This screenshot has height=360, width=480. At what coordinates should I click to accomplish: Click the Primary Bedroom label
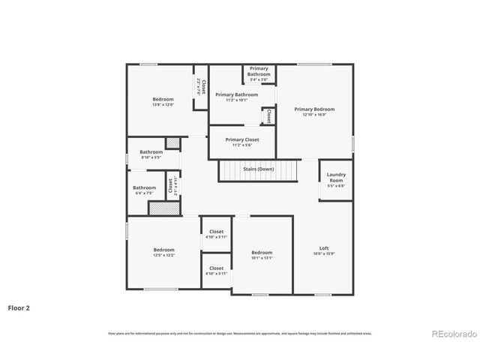tap(314, 109)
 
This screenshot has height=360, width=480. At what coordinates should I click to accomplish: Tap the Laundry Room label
tap(336, 178)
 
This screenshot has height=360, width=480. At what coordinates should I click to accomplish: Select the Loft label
tap(324, 249)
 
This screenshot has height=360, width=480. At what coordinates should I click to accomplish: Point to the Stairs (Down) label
tap(258, 169)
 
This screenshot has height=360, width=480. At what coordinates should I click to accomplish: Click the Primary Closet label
tap(242, 139)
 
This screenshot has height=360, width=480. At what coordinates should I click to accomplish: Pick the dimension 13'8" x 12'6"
tap(163, 105)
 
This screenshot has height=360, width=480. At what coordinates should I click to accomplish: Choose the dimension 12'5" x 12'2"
tap(164, 256)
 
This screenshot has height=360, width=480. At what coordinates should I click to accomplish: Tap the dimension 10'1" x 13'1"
tap(262, 258)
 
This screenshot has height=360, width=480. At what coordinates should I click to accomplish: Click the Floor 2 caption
tap(19, 307)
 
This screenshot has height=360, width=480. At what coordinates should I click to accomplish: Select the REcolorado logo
tap(452, 334)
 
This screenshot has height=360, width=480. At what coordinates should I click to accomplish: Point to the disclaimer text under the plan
tap(239, 334)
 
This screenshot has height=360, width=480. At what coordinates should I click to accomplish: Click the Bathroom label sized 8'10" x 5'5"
tap(151, 152)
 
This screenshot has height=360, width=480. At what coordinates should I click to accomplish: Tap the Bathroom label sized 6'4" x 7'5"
tap(145, 187)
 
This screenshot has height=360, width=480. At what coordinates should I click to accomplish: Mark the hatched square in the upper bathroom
tap(172, 142)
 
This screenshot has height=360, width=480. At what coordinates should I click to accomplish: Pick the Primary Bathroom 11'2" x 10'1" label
tap(236, 94)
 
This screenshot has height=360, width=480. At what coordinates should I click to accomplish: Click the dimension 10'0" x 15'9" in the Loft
tap(324, 254)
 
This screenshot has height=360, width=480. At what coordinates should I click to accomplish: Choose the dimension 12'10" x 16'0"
tap(314, 115)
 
